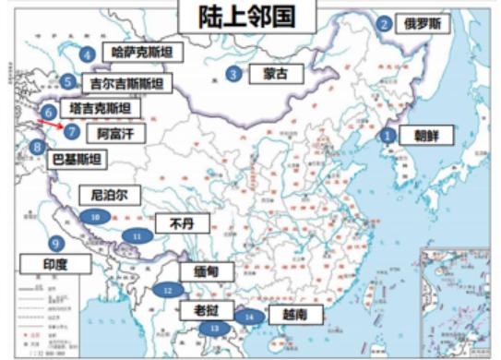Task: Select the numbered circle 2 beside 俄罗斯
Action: pos(383,24)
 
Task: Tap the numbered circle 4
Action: pos(88,54)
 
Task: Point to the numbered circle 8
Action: pos(36,146)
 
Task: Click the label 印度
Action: pos(56,265)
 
